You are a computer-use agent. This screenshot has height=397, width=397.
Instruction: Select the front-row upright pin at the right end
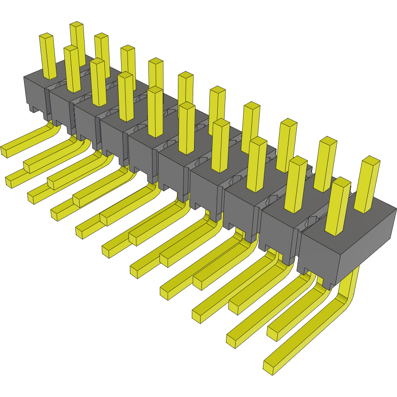(337, 208)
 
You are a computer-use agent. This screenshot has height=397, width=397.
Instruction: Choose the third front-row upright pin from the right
(257, 164)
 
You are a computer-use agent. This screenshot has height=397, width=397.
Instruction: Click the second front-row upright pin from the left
(73, 69)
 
